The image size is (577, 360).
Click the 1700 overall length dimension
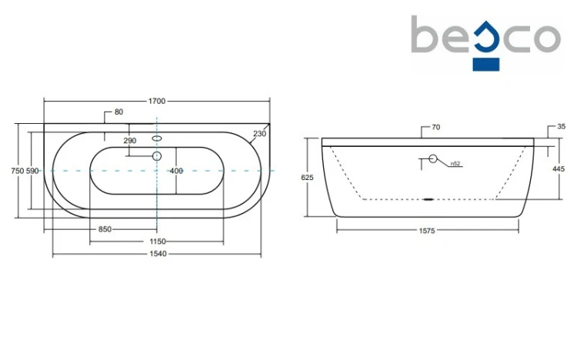(157, 101)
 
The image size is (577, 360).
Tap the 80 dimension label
(118, 112)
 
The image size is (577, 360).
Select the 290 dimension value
(130, 141)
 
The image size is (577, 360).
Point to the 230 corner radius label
(259, 134)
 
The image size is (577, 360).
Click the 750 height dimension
(17, 171)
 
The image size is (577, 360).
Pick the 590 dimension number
(32, 171)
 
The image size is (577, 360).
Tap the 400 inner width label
(176, 171)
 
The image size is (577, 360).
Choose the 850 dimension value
(105, 229)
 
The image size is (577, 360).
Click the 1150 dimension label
(158, 242)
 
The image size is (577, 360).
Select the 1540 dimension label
(158, 254)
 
